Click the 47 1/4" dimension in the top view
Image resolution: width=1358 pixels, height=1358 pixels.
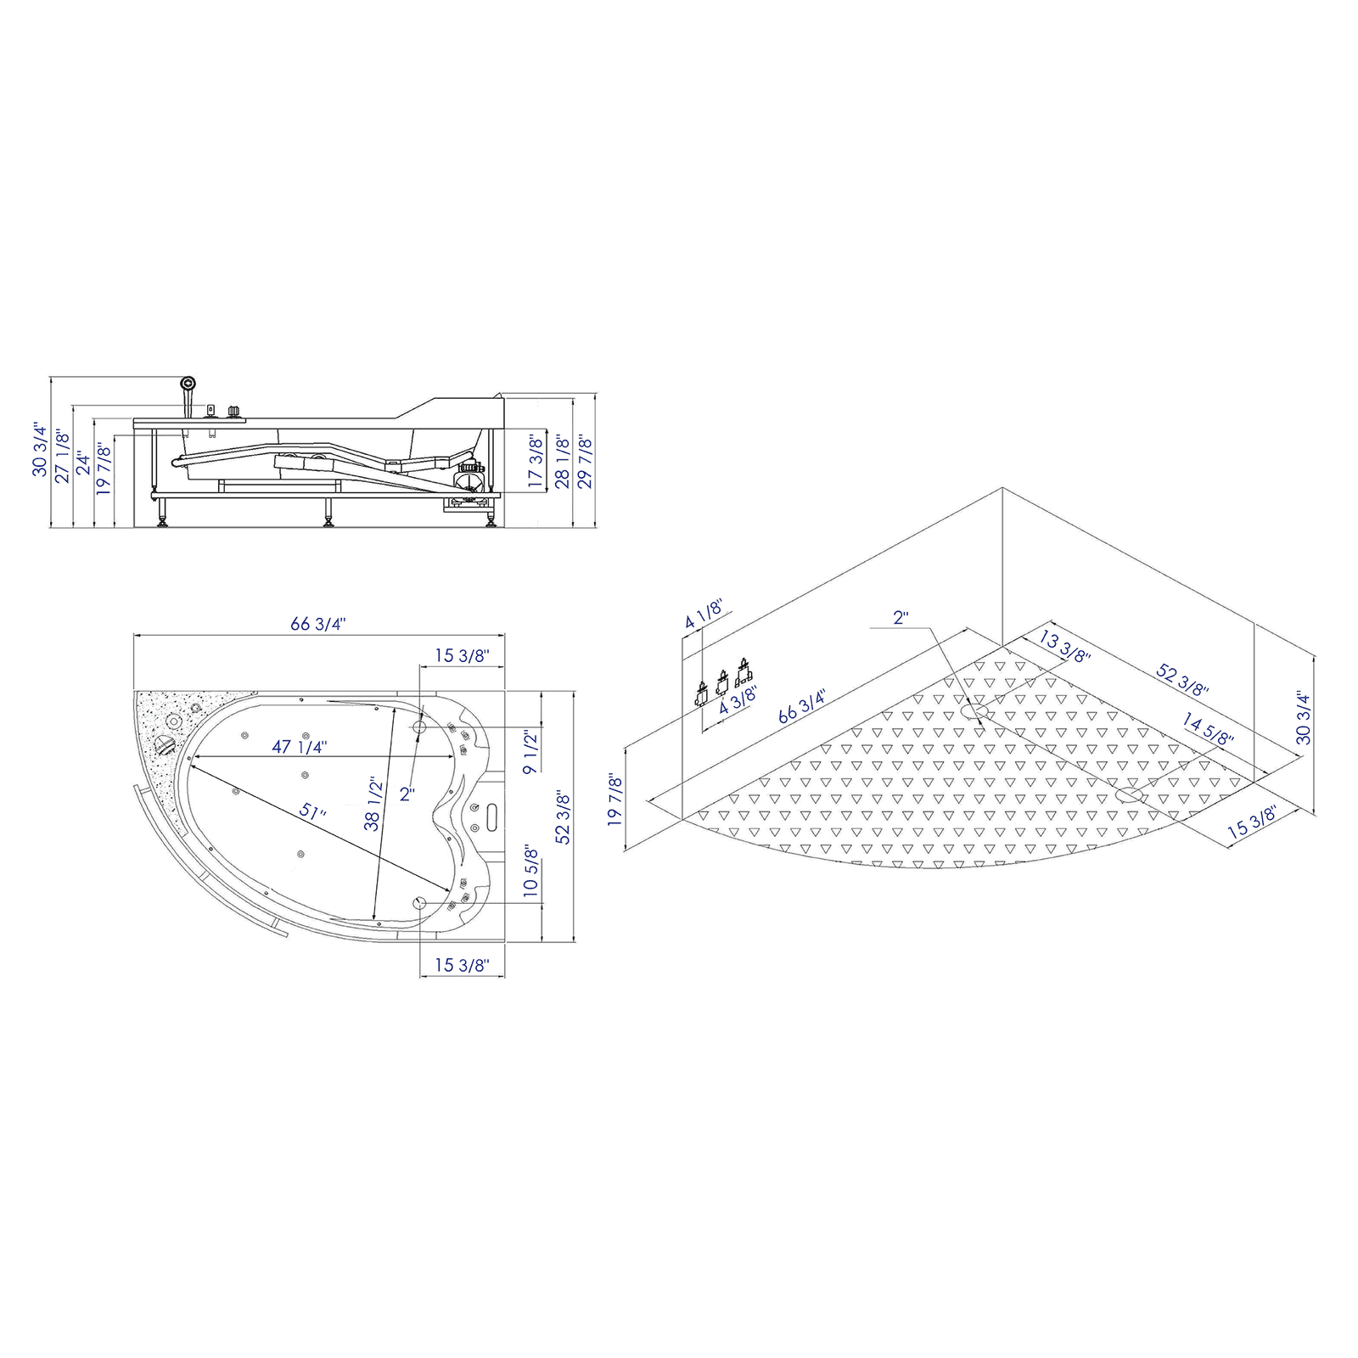tap(300, 747)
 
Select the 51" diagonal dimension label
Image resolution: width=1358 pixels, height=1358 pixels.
tap(312, 811)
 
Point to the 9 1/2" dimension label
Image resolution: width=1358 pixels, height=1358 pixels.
tap(530, 751)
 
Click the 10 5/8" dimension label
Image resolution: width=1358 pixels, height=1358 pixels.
tap(530, 870)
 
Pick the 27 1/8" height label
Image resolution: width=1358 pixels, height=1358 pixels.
tap(63, 457)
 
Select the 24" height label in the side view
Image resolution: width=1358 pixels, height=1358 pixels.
tap(82, 463)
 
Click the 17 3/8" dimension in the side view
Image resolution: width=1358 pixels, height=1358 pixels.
tap(536, 461)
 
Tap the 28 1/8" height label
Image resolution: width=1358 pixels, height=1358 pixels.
tap(561, 461)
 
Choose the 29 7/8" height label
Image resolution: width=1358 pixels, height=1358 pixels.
tap(585, 461)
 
